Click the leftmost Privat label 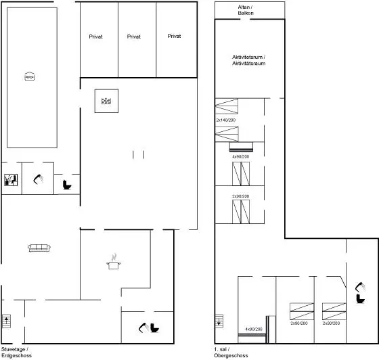(95, 37)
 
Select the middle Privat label (134, 37)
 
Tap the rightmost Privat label (174, 37)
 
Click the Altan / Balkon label (246, 10)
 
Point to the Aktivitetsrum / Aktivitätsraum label (249, 60)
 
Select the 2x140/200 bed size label (226, 120)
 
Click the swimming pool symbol (30, 76)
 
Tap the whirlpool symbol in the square (106, 101)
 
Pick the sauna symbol (11, 180)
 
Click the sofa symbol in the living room (39, 248)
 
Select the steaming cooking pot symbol (114, 262)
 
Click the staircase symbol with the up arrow (6, 321)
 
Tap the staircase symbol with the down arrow (219, 321)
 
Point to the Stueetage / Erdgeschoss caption (16, 353)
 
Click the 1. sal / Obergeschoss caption (231, 353)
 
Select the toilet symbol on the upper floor (360, 298)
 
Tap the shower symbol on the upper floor (360, 287)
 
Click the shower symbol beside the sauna (38, 179)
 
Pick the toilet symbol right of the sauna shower (67, 185)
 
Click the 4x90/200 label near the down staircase (254, 329)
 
